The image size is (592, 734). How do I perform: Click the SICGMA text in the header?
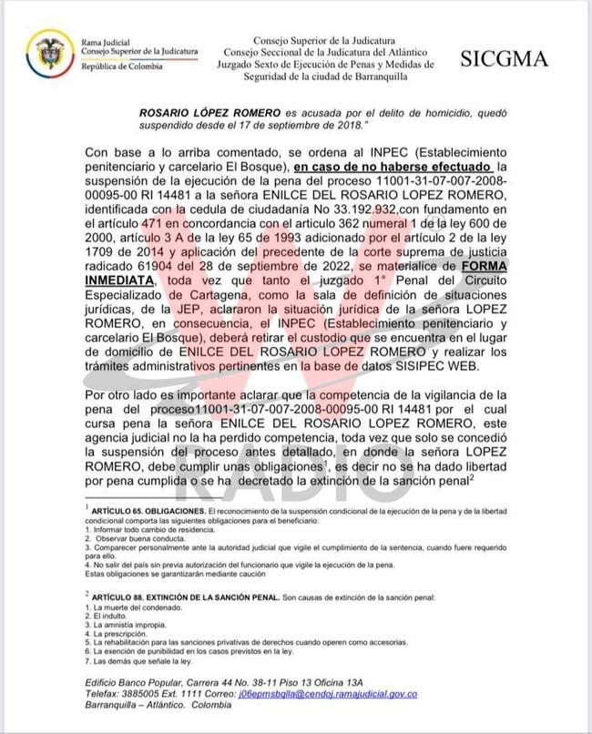pyautogui.click(x=504, y=59)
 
